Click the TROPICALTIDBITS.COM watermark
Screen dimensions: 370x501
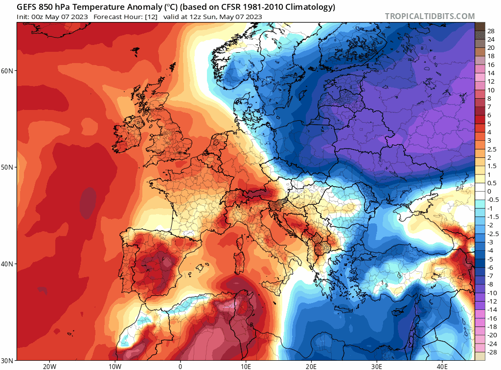point(430,16)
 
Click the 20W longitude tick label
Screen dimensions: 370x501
point(49,366)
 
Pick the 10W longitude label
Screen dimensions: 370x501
point(114,366)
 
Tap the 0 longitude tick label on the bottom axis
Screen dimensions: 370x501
point(180,366)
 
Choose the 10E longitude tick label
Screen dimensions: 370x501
point(246,366)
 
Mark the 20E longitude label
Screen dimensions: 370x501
point(311,366)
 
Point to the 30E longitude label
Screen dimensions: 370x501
point(377,366)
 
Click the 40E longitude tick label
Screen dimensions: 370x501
point(442,366)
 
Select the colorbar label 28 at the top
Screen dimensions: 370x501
point(491,31)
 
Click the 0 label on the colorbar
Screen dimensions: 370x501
point(489,191)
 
